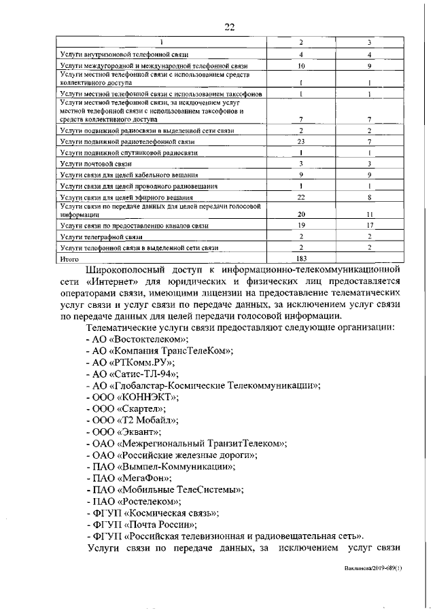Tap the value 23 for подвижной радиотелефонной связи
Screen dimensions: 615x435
point(300,141)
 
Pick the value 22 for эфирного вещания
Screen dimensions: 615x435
point(300,197)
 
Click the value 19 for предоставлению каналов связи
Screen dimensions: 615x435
point(300,224)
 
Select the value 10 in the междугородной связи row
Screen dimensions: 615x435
point(300,66)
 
